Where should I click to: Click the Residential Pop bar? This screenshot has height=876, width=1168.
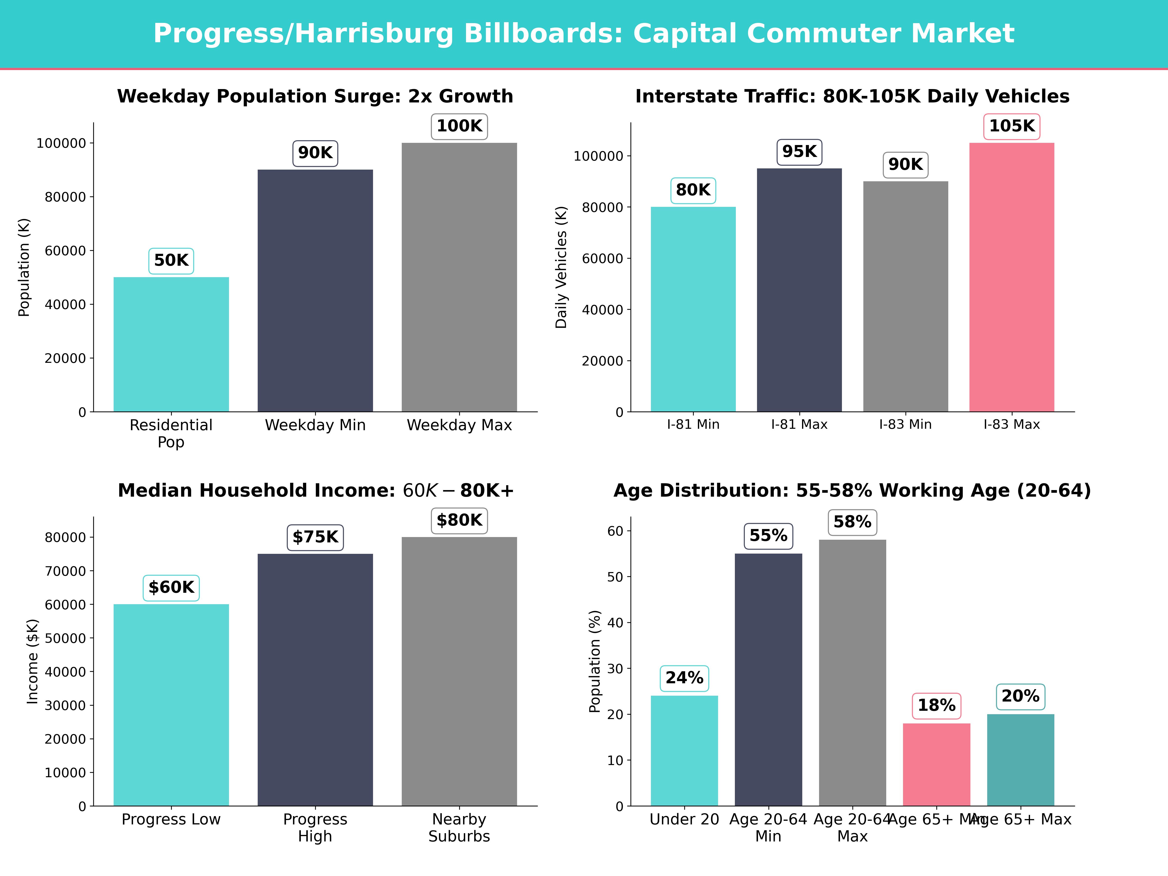(x=171, y=344)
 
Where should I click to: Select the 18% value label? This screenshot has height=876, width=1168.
(x=936, y=705)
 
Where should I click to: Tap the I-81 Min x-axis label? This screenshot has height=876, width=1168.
(x=693, y=425)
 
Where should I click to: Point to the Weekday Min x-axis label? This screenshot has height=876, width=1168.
(x=315, y=425)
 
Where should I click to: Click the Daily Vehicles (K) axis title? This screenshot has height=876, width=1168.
(x=561, y=267)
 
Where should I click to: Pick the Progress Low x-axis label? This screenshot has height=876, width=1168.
(x=171, y=820)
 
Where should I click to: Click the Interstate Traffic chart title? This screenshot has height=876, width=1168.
(x=852, y=97)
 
